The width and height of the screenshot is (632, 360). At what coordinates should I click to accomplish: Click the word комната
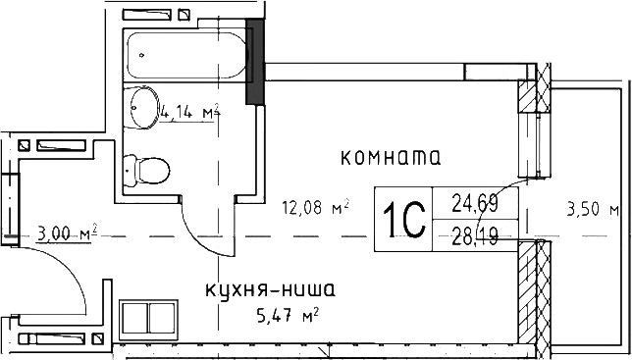(x=389, y=156)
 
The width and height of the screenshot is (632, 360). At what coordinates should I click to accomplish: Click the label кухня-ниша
(x=270, y=289)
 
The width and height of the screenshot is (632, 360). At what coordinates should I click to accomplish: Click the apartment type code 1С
(x=403, y=216)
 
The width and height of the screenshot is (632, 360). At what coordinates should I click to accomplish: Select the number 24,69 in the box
(x=474, y=204)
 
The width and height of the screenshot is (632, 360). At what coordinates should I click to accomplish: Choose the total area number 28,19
(x=474, y=234)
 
